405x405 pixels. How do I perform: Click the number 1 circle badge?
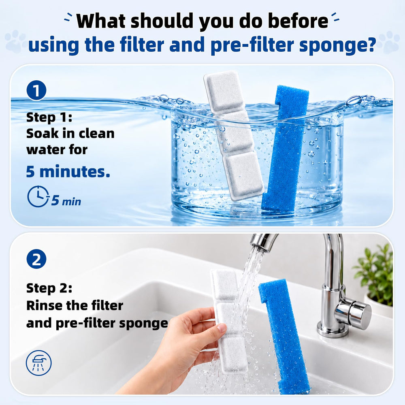(36, 90)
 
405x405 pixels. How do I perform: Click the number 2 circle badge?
(36, 259)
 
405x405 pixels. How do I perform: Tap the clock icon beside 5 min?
(38, 196)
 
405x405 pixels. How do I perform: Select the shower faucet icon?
(39, 363)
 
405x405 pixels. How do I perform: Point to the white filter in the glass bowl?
(234, 136)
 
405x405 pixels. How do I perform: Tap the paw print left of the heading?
(15, 41)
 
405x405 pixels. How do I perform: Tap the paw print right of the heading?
(390, 42)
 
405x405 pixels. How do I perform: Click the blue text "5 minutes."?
(68, 171)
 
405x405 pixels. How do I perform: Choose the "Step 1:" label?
(49, 117)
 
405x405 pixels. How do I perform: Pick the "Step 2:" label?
(49, 288)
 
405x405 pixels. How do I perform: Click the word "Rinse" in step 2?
(44, 305)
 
